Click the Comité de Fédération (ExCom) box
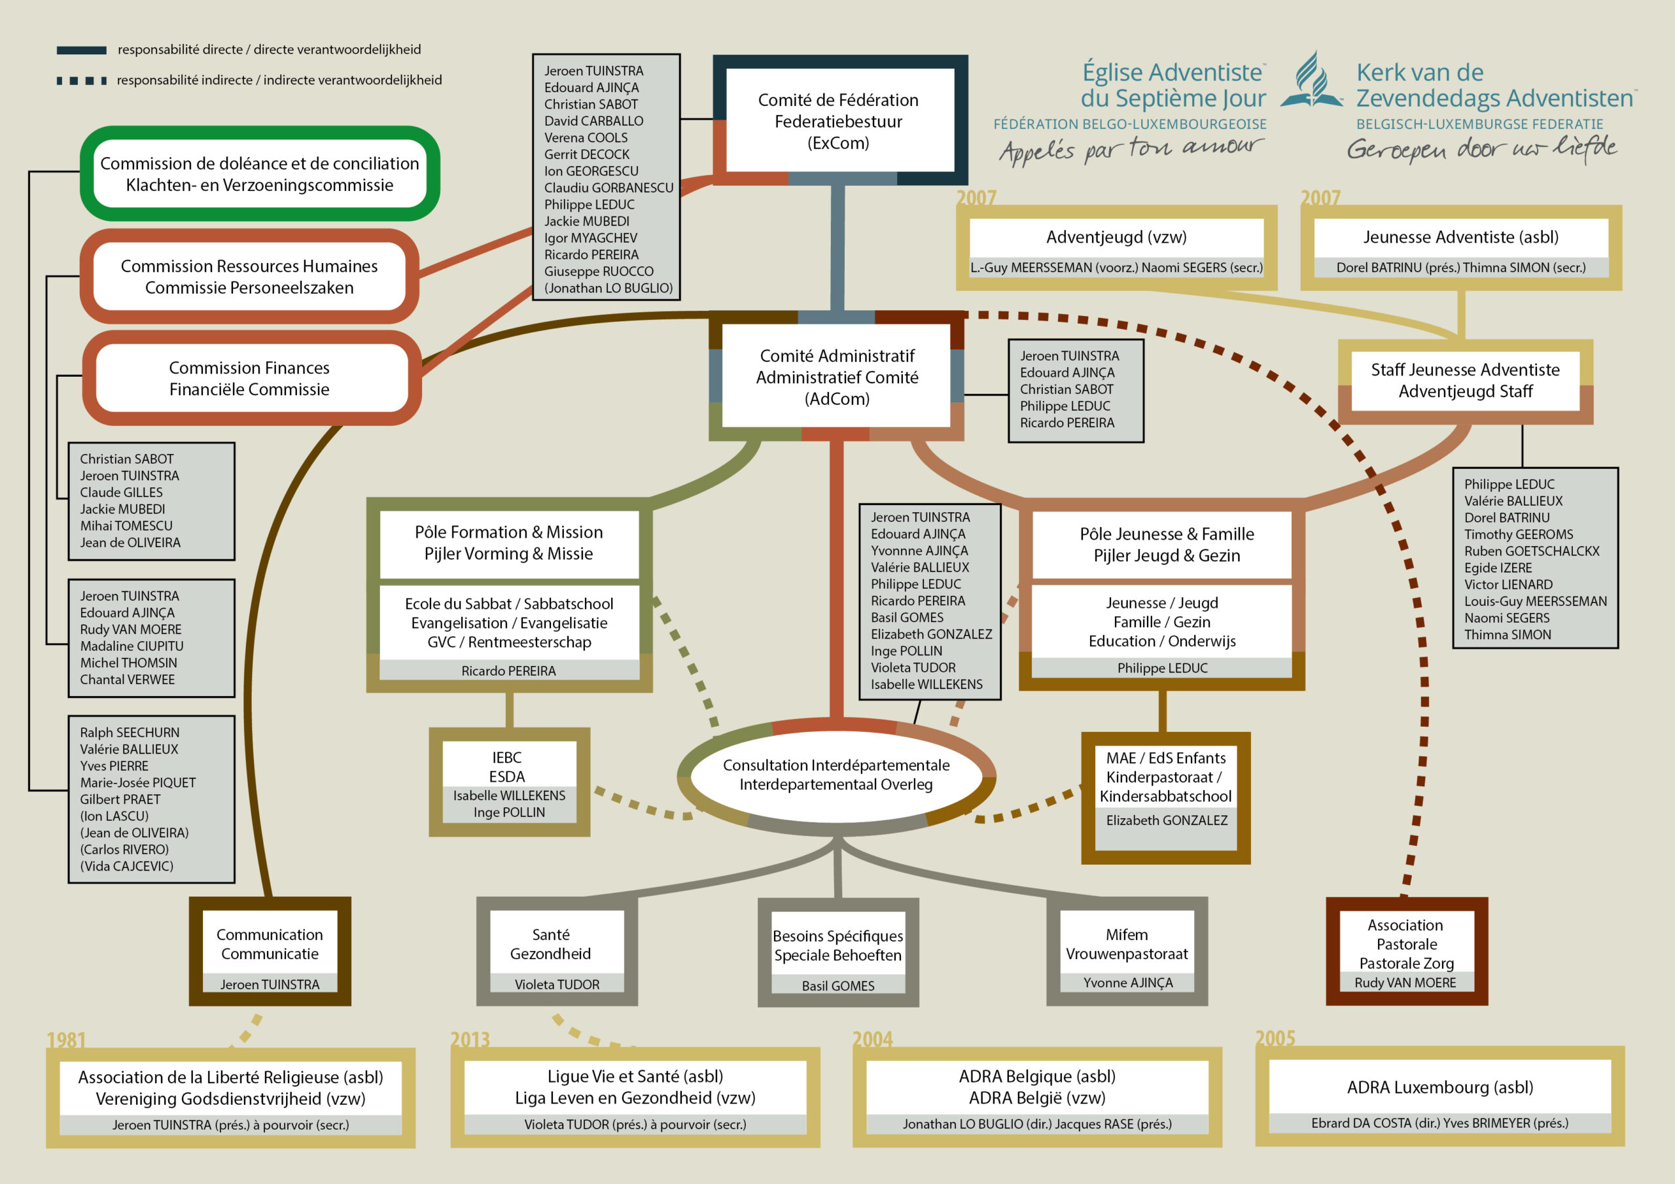pyautogui.click(x=839, y=120)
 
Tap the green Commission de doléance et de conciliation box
pyautogui.click(x=260, y=173)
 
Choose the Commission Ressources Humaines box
pyautogui.click(x=249, y=277)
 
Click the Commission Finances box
pyautogui.click(x=251, y=378)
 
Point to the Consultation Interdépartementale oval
pyautogui.click(x=836, y=775)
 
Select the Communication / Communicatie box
pyautogui.click(x=270, y=951)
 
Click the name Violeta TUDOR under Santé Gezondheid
pyautogui.click(x=557, y=984)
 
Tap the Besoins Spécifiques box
pyautogui.click(x=838, y=952)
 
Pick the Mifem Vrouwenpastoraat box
pyautogui.click(x=1127, y=951)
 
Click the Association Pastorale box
pyautogui.click(x=1407, y=951)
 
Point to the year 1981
pyautogui.click(x=66, y=1039)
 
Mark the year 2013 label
pyautogui.click(x=470, y=1039)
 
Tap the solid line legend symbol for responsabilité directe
pyautogui.click(x=82, y=50)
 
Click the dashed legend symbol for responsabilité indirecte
pyautogui.click(x=82, y=80)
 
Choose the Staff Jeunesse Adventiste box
pyautogui.click(x=1466, y=381)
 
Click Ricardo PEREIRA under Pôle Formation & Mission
pyautogui.click(x=508, y=670)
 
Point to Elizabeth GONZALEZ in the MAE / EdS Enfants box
pyautogui.click(x=1167, y=820)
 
